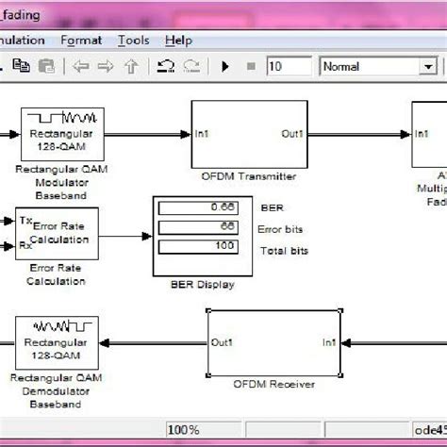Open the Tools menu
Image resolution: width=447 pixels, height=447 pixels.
coord(133,41)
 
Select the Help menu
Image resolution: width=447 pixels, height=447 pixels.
coord(177,41)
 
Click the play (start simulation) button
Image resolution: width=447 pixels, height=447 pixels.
coord(225,66)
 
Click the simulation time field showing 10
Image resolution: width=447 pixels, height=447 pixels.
coord(288,66)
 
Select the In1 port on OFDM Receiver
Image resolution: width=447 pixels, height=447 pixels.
coord(328,342)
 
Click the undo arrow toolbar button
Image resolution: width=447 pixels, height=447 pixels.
coord(165,66)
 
